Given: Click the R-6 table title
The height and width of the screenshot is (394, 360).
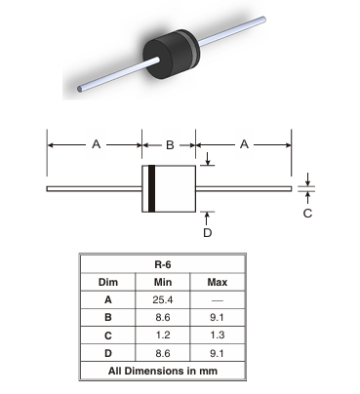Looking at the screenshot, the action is [163, 264].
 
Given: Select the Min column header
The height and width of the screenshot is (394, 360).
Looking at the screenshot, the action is [163, 282].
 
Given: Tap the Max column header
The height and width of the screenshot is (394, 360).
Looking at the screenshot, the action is [218, 282].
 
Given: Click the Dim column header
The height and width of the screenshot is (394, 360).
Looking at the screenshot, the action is [108, 282].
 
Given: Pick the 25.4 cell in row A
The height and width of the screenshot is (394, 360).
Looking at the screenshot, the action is [163, 299].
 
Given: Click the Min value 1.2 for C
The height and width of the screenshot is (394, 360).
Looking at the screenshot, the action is [163, 335].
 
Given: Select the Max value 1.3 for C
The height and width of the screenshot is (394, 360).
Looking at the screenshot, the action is [218, 335].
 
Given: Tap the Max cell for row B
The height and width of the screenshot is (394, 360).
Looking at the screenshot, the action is [218, 317].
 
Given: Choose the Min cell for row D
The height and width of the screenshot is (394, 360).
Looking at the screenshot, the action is [163, 353].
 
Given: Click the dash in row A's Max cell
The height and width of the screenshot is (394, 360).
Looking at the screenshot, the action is [218, 300].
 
